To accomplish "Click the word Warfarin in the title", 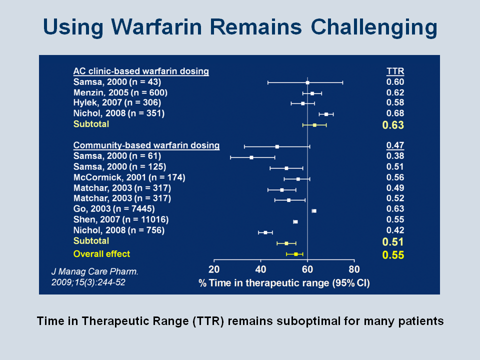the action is [156, 26].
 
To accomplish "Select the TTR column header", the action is [395, 71].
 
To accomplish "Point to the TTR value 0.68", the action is [395, 113].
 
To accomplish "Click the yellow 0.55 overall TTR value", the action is [393, 255].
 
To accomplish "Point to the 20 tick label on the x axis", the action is [214, 269].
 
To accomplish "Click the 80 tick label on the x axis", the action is [354, 269].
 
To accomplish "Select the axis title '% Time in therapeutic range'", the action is [264, 283].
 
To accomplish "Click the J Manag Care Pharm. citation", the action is [95, 271].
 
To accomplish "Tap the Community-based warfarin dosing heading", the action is [146, 145].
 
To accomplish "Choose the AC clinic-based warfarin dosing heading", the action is [141, 71].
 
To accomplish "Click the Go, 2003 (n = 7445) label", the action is [114, 209].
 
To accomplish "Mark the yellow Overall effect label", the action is [101, 254].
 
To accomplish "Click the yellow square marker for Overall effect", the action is [295, 254].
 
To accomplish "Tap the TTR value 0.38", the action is [395, 156].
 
